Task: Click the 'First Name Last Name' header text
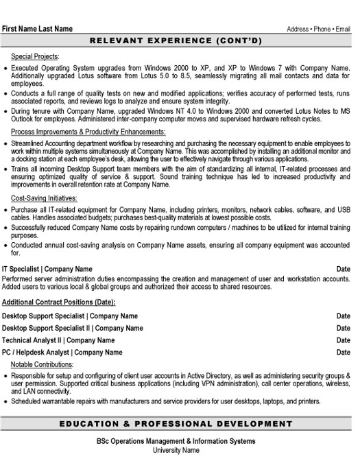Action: [37, 29]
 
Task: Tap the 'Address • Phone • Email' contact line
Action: [319, 29]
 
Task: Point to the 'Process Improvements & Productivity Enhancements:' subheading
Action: [88, 131]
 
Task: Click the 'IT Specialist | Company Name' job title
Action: [47, 269]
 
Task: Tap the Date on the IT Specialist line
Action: [344, 269]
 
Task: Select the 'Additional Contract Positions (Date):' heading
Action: [59, 303]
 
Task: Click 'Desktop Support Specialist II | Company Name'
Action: [73, 329]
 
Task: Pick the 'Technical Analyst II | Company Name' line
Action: [59, 340]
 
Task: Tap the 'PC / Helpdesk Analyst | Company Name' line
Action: [62, 353]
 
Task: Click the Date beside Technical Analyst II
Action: [344, 340]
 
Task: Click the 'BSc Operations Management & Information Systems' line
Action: [176, 441]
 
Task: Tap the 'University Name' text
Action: [176, 451]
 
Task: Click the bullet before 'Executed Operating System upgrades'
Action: [5, 69]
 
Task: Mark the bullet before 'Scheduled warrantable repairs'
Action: [5, 401]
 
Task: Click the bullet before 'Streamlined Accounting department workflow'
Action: [5, 143]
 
